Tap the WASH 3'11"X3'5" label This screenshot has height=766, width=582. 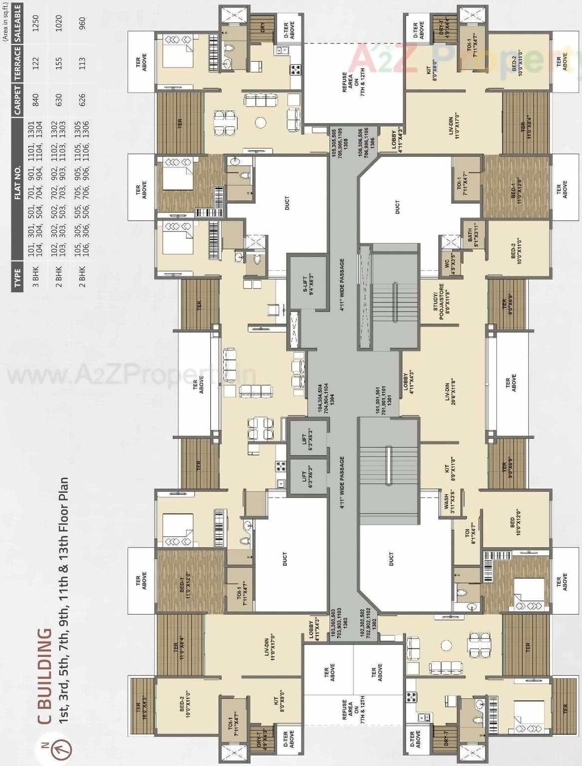tap(449, 504)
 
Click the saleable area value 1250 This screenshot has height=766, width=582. tap(35, 23)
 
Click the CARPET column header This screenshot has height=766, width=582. tap(18, 100)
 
